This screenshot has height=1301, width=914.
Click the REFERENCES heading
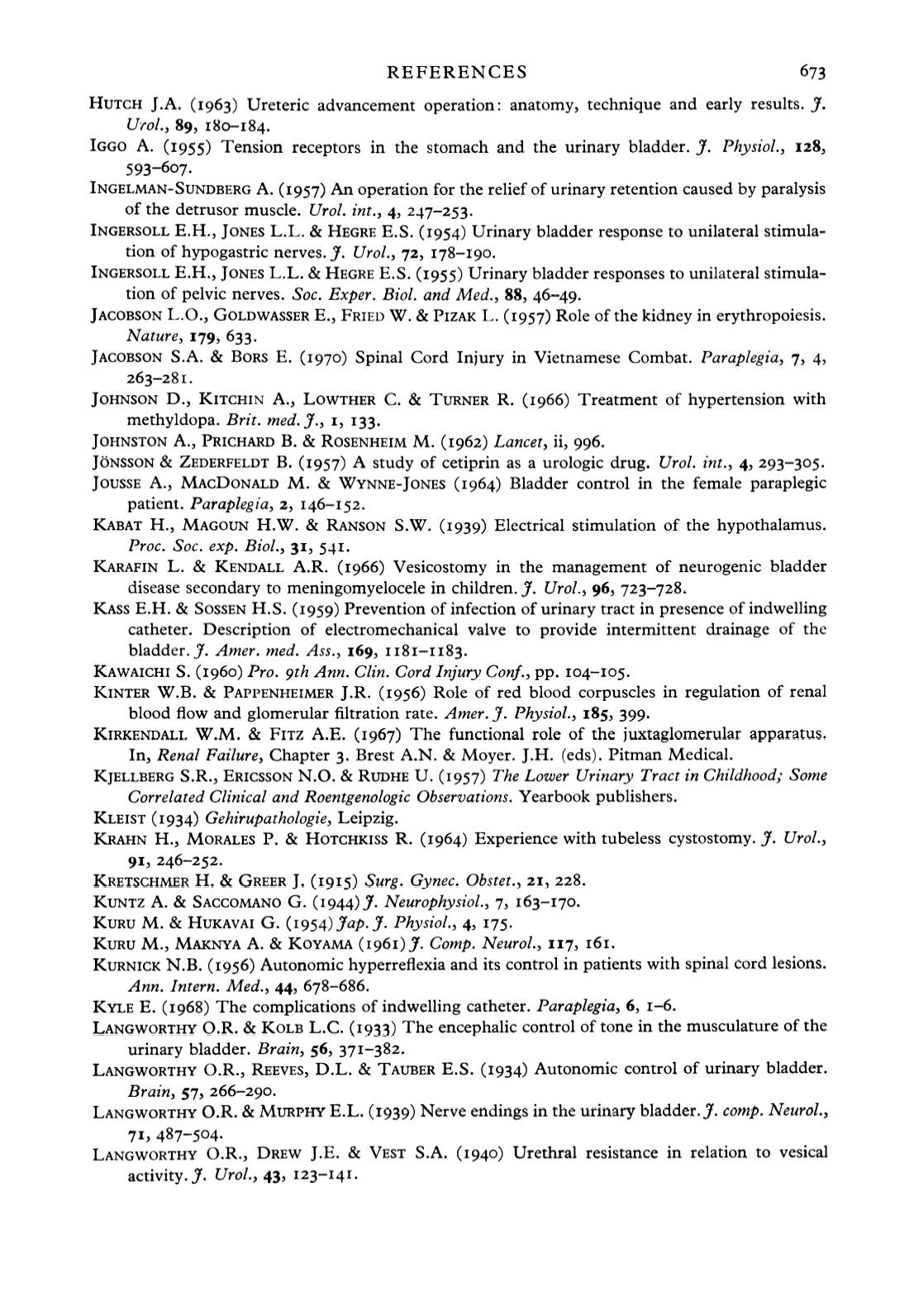coord(457,73)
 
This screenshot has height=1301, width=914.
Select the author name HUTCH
coord(114,105)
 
